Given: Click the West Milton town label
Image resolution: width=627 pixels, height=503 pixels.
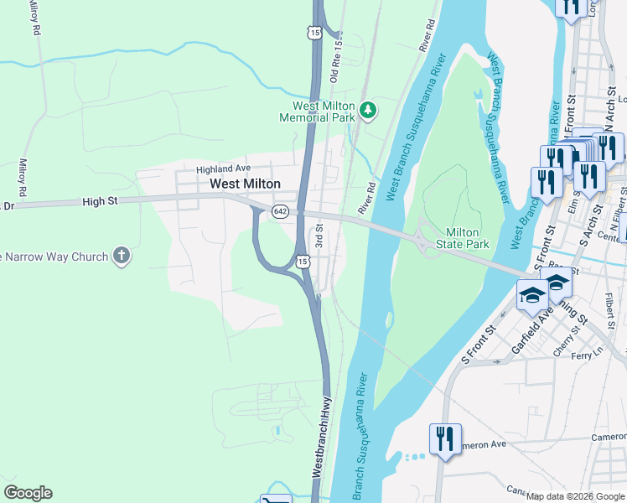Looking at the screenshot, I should click(245, 184).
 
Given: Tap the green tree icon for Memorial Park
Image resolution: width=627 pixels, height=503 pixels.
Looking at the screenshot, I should click(367, 110).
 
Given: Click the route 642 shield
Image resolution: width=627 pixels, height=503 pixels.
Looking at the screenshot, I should click(280, 214).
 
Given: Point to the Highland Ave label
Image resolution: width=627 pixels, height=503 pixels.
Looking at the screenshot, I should click(224, 169).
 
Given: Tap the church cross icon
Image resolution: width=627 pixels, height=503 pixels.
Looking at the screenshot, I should click(122, 256).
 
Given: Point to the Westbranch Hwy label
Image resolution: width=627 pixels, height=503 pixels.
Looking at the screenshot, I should click(319, 444).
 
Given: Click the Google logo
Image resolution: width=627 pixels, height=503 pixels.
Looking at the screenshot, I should click(28, 493).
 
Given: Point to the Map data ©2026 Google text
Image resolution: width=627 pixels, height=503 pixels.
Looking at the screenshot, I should click(574, 496).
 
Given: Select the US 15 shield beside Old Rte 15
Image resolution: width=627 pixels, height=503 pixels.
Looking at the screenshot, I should click(313, 33).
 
